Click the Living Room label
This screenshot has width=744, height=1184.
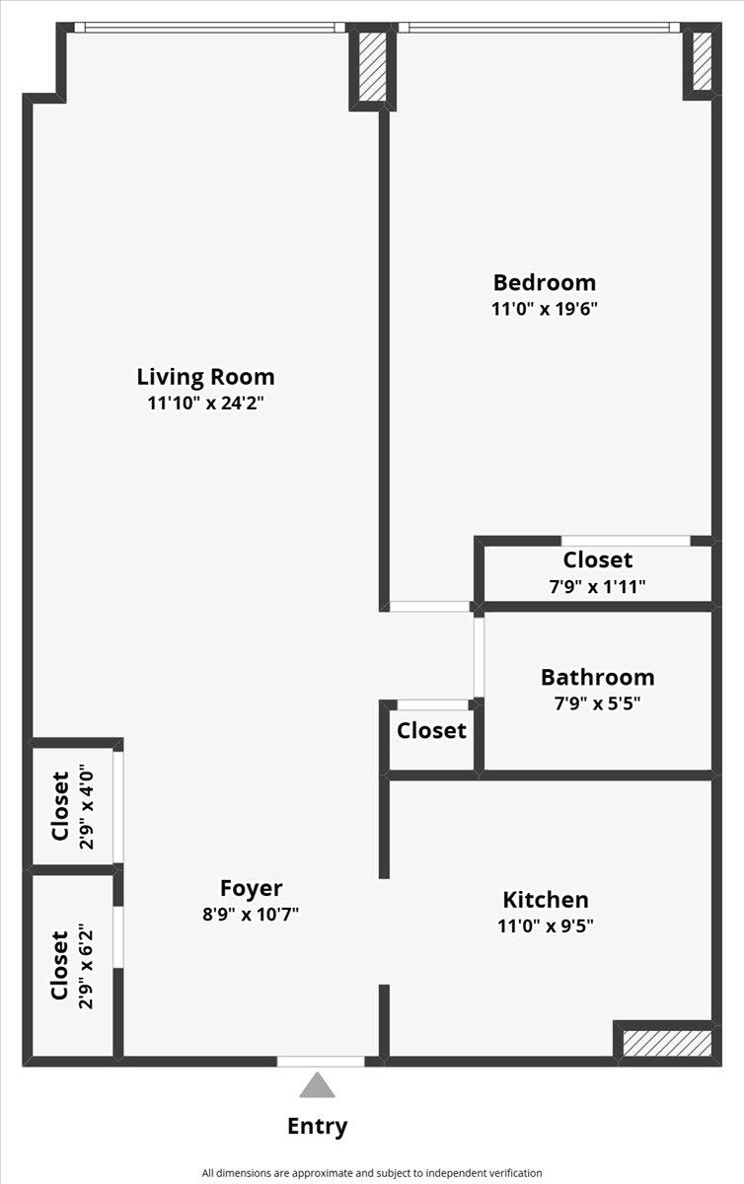[205, 377]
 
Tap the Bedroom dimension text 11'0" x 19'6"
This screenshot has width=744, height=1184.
[544, 308]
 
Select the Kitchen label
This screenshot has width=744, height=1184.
[546, 899]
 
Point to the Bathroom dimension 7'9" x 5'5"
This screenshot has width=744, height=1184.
[598, 703]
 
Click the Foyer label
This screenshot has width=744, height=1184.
[251, 889]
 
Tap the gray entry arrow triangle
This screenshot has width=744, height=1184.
[317, 1085]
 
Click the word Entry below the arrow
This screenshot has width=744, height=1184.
[318, 1127]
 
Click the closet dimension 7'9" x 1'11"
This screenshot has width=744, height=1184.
[598, 587]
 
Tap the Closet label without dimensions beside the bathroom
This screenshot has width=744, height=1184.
[431, 731]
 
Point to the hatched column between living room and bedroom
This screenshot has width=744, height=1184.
[373, 67]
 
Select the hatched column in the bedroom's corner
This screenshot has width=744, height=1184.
[703, 61]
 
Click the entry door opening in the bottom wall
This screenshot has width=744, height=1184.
[321, 1061]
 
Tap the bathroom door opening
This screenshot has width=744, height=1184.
[479, 657]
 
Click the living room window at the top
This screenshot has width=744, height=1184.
[209, 28]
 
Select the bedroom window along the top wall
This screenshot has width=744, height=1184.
[539, 28]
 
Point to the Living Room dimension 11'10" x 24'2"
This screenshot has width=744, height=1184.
[205, 404]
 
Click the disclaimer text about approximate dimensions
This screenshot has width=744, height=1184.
[372, 1173]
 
